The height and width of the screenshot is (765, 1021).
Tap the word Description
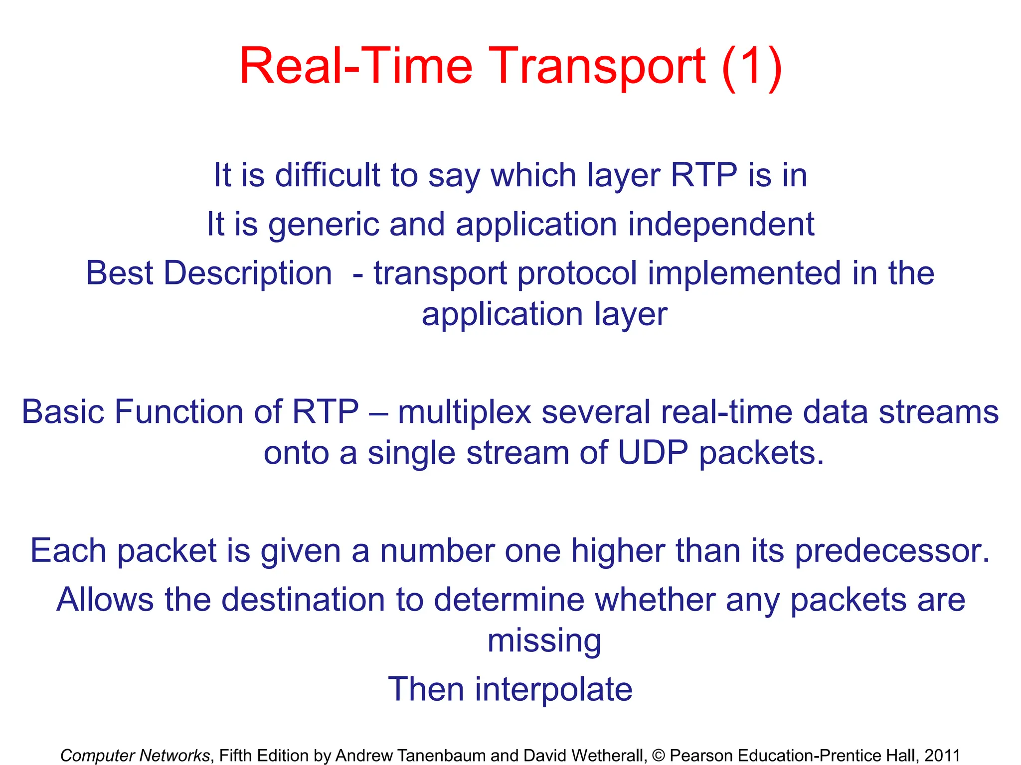248,273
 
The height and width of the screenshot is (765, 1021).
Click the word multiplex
465,413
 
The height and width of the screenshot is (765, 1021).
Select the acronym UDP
653,453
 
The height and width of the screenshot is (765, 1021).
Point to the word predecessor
892,551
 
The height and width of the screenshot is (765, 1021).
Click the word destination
303,600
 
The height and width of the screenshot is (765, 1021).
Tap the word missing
544,641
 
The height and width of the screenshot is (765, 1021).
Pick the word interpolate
553,690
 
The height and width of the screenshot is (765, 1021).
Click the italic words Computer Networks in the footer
135,756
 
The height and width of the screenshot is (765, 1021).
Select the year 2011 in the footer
942,756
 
